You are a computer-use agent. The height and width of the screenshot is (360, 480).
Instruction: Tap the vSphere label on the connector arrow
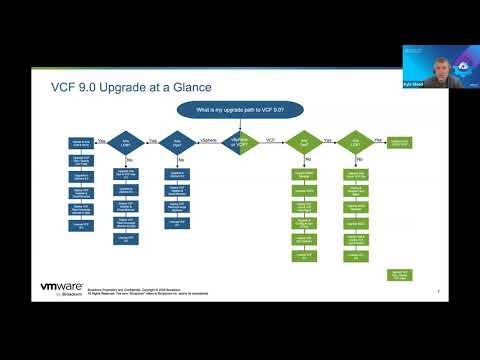tap(209, 140)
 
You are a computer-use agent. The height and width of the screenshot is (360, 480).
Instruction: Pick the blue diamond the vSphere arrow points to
tap(177, 143)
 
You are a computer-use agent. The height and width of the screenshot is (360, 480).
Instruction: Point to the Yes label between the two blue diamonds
tap(152, 140)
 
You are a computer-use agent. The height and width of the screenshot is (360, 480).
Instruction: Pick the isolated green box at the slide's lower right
tap(399, 274)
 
